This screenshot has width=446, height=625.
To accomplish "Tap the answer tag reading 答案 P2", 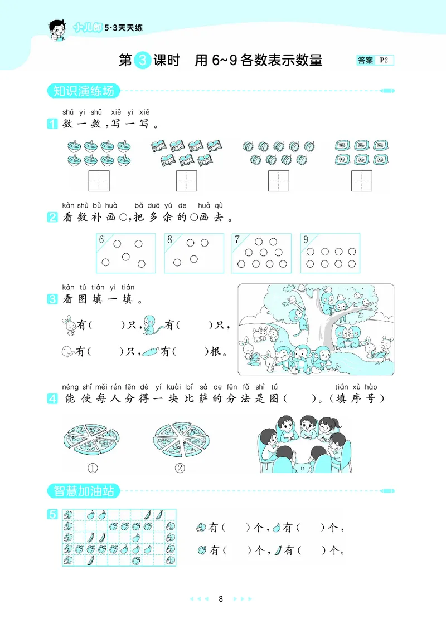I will pyautogui.click(x=375, y=60).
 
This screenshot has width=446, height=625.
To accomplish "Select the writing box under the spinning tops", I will pyautogui.click(x=99, y=181).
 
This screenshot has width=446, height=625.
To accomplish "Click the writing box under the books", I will pyautogui.click(x=186, y=181).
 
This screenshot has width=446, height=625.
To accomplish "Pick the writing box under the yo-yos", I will pyautogui.click(x=278, y=181).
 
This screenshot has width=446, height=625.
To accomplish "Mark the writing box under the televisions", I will pyautogui.click(x=361, y=181).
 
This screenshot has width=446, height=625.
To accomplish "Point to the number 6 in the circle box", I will pyautogui.click(x=101, y=240).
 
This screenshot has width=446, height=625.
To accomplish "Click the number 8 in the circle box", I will pyautogui.click(x=169, y=240).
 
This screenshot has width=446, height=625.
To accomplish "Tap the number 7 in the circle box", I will pyautogui.click(x=237, y=240).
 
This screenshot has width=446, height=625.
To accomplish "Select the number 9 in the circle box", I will pyautogui.click(x=306, y=240).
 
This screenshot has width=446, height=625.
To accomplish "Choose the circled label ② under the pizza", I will pyautogui.click(x=180, y=468).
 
